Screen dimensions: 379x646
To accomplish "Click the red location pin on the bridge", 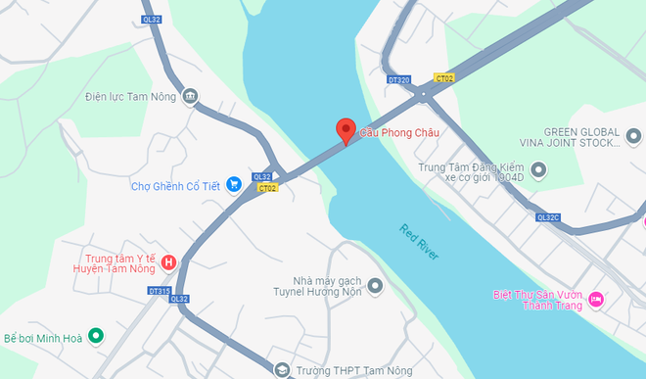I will point(346,130).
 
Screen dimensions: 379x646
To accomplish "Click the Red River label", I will point(419,242).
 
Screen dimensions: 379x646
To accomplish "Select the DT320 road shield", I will point(398,78).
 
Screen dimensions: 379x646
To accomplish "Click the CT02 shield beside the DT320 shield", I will point(445,78).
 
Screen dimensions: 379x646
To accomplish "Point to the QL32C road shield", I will point(549,218).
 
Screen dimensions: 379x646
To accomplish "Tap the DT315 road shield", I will point(159,291).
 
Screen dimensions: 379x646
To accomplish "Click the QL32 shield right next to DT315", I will point(178,299).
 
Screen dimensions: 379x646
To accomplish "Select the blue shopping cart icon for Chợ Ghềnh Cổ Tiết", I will point(234,184).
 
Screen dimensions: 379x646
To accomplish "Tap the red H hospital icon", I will point(168,261).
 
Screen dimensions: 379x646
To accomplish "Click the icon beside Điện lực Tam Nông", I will point(189,96).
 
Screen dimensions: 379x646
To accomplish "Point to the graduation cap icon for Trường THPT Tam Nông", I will point(282,369).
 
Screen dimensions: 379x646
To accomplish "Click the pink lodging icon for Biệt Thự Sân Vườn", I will point(594,299).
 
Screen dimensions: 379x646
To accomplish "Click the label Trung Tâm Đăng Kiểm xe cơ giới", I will point(473,173).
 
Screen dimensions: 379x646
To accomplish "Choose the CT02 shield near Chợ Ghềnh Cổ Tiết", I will point(267,187).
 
